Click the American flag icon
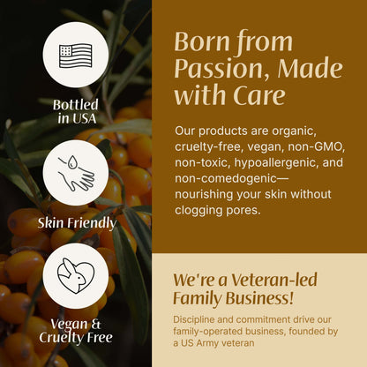click(x=77, y=55)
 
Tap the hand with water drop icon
click(x=77, y=171)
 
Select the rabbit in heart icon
click(x=77, y=276)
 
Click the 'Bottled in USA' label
click(x=77, y=111)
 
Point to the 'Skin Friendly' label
click(x=77, y=222)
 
